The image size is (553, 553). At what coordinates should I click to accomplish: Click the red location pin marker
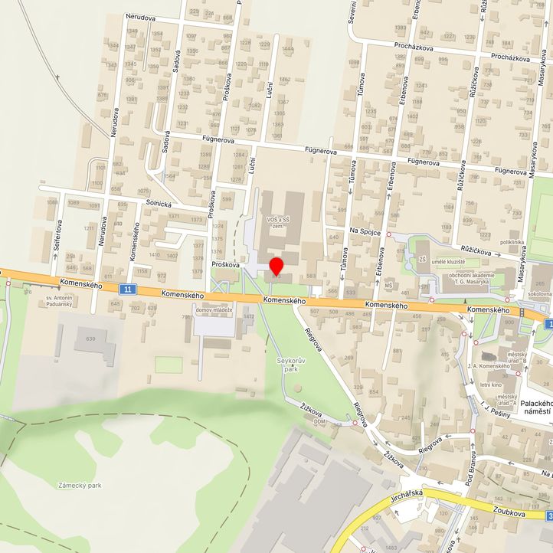(x=276, y=267)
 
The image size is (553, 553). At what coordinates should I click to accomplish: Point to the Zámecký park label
(x=80, y=485)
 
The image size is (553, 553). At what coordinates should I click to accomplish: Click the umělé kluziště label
(x=450, y=262)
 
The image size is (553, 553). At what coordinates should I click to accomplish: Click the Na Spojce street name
(x=365, y=231)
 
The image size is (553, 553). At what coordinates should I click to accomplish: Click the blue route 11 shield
(x=128, y=289)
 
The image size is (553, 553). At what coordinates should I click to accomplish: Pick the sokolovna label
(x=539, y=293)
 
